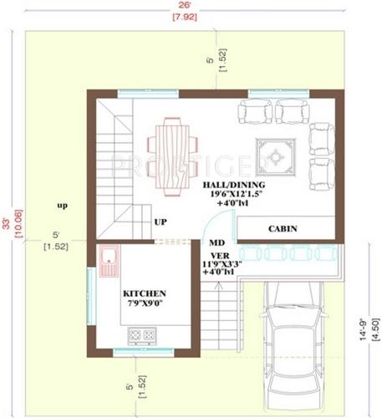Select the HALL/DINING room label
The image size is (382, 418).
point(234,184)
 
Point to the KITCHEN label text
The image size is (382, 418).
point(145,294)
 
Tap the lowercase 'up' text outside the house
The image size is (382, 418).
point(62,204)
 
